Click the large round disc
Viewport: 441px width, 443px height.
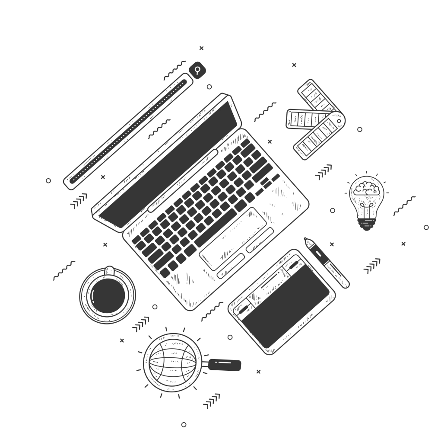tap(107, 294)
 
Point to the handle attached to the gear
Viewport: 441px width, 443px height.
tap(225, 364)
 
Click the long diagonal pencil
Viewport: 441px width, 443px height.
tap(130, 130)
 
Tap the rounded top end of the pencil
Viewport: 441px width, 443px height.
tap(197, 69)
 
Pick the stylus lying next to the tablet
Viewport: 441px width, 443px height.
tap(327, 262)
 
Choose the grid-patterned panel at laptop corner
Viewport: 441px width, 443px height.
tap(283, 197)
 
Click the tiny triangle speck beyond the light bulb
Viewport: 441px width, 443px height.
tap(427, 227)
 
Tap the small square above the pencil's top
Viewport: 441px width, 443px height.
tap(200, 48)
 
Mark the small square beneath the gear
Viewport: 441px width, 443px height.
tap(183, 423)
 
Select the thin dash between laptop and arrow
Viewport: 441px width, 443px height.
tap(265, 112)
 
